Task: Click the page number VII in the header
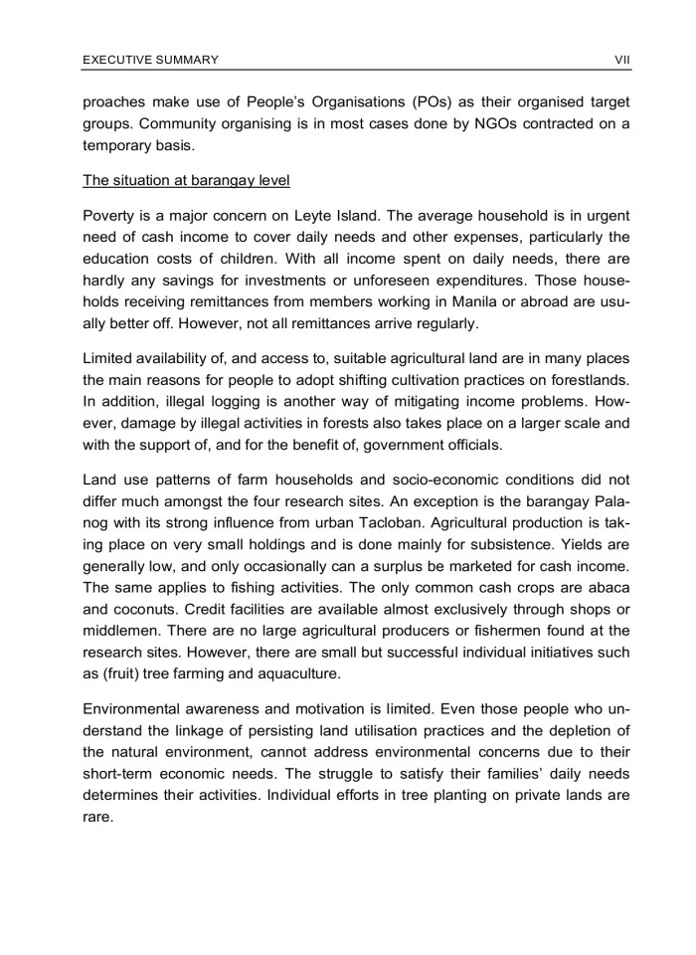coord(623,61)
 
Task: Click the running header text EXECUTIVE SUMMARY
coord(150,61)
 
